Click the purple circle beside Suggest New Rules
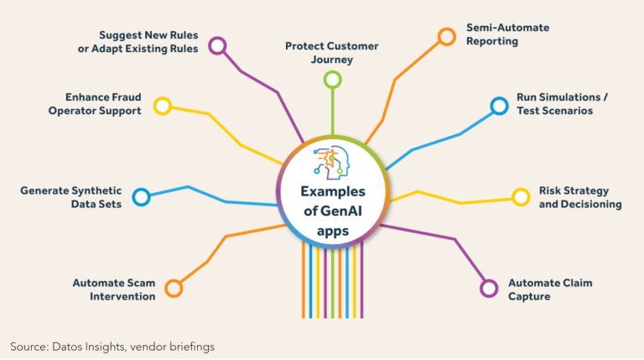217,39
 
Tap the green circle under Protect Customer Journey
333,72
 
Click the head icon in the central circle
331,162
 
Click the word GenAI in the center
341,211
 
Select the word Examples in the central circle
333,191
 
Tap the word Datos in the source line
67,347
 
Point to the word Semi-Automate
507,28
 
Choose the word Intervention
122,296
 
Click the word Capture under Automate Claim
529,297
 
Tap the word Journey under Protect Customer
332,60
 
